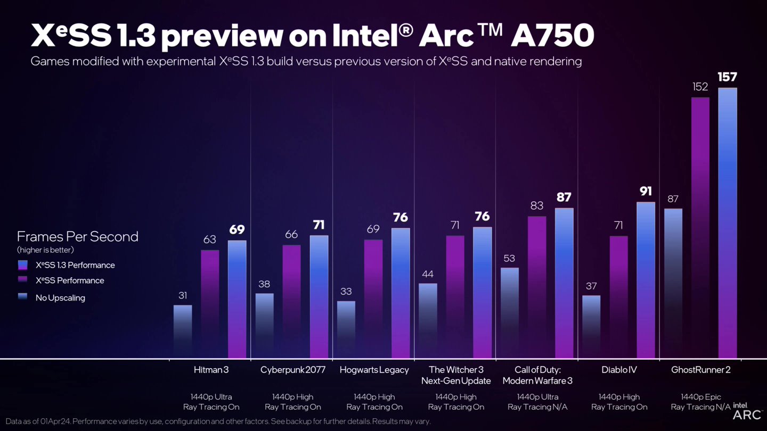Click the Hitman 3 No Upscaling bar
tap(183, 331)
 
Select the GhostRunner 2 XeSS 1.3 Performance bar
tap(728, 223)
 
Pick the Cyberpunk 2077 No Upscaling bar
tap(264, 325)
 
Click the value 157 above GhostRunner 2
tap(728, 77)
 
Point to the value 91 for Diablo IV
tap(646, 191)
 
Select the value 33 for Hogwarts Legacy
tap(346, 291)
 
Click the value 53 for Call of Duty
tap(509, 258)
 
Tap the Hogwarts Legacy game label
tap(374, 370)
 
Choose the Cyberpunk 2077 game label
tap(292, 370)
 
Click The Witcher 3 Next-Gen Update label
tap(456, 375)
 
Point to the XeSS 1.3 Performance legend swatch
tap(22, 265)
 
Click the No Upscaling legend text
tap(60, 298)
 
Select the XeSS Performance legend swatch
tap(22, 280)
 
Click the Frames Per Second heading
tap(78, 237)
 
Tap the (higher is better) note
tap(45, 250)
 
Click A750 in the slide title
tap(552, 36)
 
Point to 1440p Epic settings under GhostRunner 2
tap(701, 397)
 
